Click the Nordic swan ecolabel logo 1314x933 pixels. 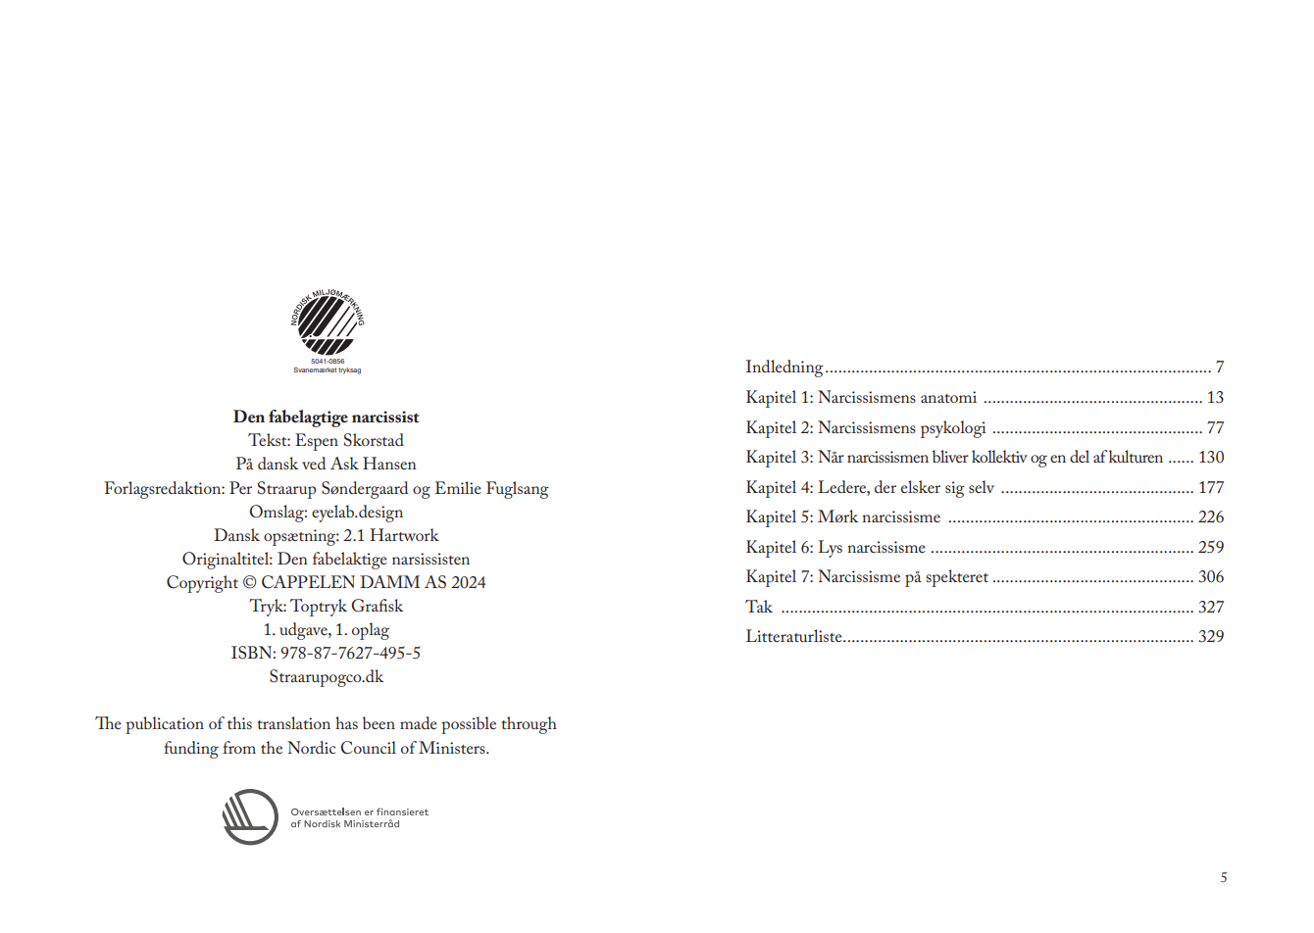click(327, 324)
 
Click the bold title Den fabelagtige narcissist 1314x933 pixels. click(326, 417)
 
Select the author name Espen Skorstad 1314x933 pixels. click(349, 441)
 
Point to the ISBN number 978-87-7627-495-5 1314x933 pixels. click(350, 654)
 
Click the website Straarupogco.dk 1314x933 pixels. click(326, 677)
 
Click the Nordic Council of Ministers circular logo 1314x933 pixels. click(250, 817)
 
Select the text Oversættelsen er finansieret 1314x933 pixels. click(359, 812)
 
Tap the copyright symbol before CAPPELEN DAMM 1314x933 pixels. click(249, 583)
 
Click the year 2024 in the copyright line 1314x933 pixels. click(468, 583)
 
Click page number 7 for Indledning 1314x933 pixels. click(1220, 368)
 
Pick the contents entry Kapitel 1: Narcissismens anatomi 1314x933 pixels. click(861, 398)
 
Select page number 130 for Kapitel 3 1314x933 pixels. click(1211, 458)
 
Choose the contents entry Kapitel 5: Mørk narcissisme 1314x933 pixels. click(842, 517)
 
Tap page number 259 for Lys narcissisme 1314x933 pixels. click(1211, 548)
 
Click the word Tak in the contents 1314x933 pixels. click(758, 608)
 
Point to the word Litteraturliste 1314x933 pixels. click(793, 637)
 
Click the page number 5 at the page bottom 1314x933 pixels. click(1223, 878)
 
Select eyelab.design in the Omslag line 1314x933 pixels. click(357, 513)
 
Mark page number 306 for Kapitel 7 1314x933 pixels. click(1211, 577)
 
